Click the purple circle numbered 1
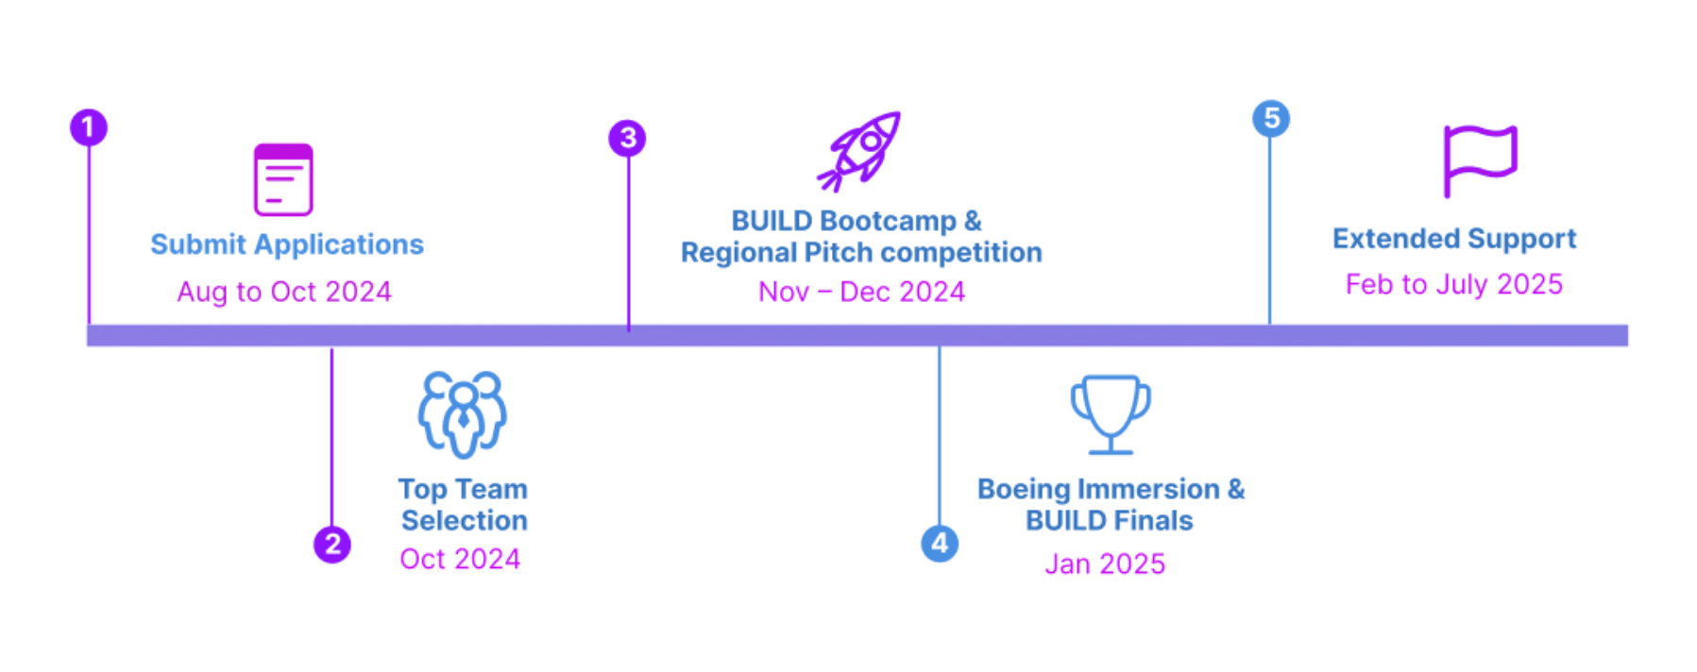coord(89,127)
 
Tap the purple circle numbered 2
coord(332,545)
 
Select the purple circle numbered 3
coord(628,139)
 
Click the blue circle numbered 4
coord(940,544)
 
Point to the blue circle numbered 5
coord(1271,119)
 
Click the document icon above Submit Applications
coord(283,179)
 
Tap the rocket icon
coord(860,151)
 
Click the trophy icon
coord(1111,413)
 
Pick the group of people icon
coord(463,413)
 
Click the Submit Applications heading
coord(287,244)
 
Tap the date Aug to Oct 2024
coord(284,292)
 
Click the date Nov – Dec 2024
coord(861,292)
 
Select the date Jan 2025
coord(1105,563)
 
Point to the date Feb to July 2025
coord(1454,284)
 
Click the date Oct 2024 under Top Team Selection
coord(460,559)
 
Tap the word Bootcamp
coord(888,221)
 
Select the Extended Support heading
coord(1454,239)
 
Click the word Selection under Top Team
coord(465,520)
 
